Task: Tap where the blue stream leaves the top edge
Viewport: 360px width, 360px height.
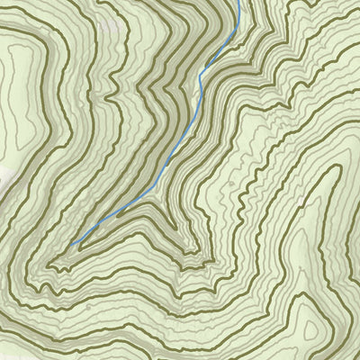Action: coord(240,2)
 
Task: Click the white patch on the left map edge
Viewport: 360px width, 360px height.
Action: coord(4,175)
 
